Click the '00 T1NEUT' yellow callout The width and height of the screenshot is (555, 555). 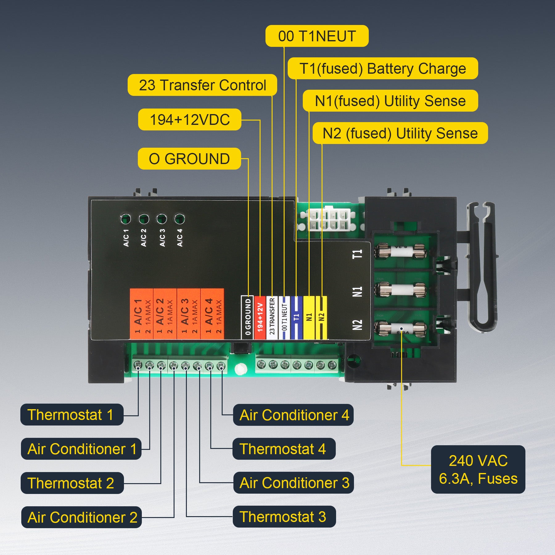317,36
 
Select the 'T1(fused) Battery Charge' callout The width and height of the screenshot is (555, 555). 382,68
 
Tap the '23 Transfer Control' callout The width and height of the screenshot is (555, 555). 202,85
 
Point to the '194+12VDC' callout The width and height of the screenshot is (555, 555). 190,120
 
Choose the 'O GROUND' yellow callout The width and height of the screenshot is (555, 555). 189,159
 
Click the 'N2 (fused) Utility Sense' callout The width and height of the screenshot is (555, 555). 400,133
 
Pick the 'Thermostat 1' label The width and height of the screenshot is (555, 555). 72,415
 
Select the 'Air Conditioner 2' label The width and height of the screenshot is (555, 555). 81,517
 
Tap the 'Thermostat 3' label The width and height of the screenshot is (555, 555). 284,517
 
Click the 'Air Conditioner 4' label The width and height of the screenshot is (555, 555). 293,415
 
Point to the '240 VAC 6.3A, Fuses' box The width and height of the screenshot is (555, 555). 478,470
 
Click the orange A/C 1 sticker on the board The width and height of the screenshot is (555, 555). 142,314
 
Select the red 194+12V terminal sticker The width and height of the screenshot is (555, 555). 260,317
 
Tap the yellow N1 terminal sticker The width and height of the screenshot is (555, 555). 309,317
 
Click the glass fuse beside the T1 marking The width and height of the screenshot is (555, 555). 401,251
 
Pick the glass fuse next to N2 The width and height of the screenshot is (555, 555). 401,329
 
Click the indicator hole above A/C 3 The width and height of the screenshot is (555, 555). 162,219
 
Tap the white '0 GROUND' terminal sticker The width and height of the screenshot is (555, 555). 247,317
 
